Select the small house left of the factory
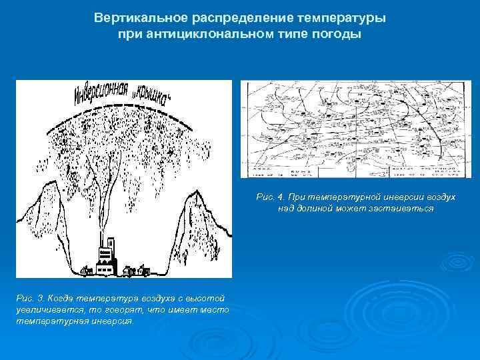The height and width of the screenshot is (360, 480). pyautogui.click(x=86, y=270)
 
